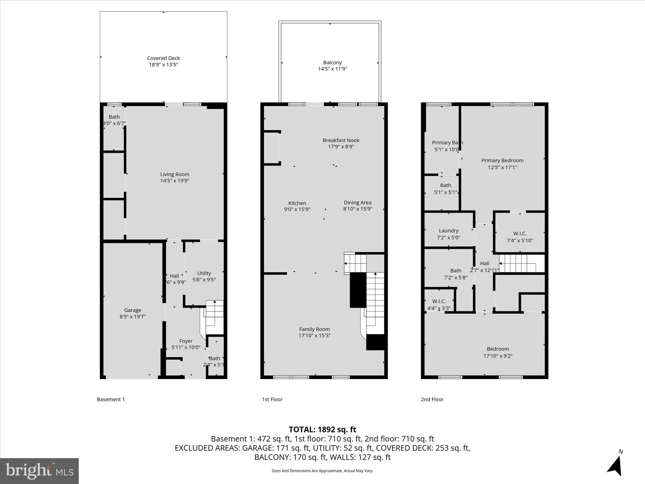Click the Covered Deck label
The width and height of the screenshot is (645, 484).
click(x=163, y=58)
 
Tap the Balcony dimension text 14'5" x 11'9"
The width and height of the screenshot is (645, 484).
click(x=332, y=69)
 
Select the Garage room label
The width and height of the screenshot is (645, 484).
click(x=132, y=310)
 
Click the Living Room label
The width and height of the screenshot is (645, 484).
click(x=175, y=174)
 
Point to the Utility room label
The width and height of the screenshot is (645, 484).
click(x=204, y=273)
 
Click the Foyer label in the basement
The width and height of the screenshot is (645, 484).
click(x=186, y=341)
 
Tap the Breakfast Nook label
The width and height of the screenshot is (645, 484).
click(x=341, y=140)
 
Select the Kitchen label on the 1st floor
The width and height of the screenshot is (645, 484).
click(x=297, y=203)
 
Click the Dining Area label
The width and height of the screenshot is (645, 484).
click(x=357, y=203)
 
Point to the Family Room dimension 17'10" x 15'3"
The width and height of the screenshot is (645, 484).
click(x=314, y=336)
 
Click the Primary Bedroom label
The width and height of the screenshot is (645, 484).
click(x=502, y=161)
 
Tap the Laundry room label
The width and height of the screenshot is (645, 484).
click(x=448, y=231)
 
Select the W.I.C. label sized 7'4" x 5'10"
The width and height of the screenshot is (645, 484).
click(x=520, y=233)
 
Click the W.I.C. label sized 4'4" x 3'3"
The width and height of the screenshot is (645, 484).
click(x=439, y=302)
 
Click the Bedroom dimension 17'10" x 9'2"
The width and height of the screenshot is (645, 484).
click(x=498, y=356)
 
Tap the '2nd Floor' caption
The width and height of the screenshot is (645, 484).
click(x=432, y=400)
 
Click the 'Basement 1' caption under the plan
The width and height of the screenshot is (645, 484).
click(x=111, y=400)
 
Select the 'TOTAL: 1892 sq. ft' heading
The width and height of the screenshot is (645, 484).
click(x=322, y=429)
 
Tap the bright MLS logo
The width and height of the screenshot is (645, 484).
click(x=39, y=471)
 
